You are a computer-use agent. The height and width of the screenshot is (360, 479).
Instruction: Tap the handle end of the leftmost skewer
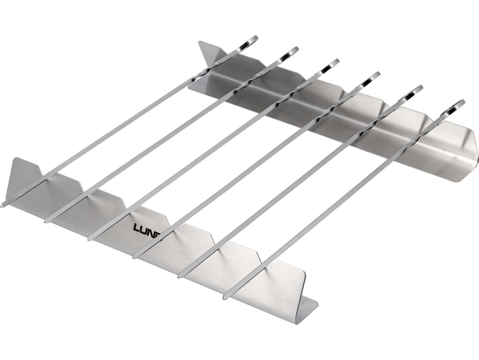click(x=250, y=39)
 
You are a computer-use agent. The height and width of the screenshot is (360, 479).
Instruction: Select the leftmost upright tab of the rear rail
click(x=209, y=57)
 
